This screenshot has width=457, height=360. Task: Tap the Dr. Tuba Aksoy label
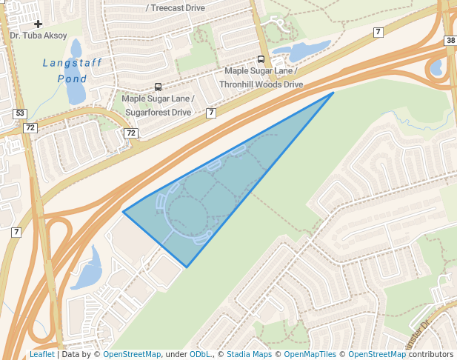[39, 35]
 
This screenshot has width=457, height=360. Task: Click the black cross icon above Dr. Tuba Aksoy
[39, 24]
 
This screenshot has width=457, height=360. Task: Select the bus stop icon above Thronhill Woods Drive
[261, 59]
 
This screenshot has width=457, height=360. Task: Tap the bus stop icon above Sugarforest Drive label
[158, 87]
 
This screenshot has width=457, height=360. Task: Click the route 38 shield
[450, 40]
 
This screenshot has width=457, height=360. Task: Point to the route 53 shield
[20, 113]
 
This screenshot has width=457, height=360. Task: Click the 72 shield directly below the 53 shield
[30, 127]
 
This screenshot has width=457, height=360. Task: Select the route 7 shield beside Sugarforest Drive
[211, 113]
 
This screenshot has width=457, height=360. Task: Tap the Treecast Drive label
[176, 7]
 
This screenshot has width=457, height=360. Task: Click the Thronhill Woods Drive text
[261, 84]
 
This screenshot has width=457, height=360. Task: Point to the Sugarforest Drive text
[159, 112]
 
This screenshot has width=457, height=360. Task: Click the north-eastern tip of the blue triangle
[333, 93]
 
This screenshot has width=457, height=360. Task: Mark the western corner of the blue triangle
[123, 213]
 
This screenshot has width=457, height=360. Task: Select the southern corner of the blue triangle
[187, 267]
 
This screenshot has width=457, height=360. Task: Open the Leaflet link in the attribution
[41, 354]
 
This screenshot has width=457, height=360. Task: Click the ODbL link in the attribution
[200, 354]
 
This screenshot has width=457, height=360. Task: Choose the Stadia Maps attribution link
[249, 354]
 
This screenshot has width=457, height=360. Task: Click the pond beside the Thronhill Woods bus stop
[300, 52]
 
